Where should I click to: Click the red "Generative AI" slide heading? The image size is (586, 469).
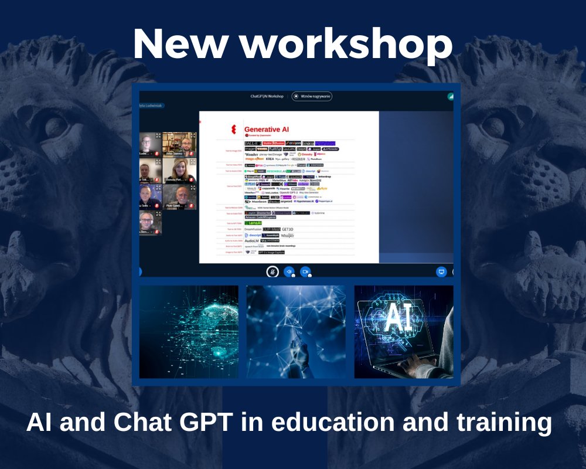(267, 129)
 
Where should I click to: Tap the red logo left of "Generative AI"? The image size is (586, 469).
(234, 130)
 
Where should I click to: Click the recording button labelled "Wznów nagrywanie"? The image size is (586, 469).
(312, 96)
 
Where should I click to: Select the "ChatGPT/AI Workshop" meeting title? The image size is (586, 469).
(267, 96)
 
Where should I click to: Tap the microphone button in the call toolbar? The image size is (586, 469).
(272, 271)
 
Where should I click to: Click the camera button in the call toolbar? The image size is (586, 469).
(305, 271)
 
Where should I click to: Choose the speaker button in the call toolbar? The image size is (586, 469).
(289, 271)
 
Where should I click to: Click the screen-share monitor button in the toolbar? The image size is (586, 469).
(441, 271)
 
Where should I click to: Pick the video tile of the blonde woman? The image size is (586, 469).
(179, 171)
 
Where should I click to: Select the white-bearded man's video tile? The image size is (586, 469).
(179, 198)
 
